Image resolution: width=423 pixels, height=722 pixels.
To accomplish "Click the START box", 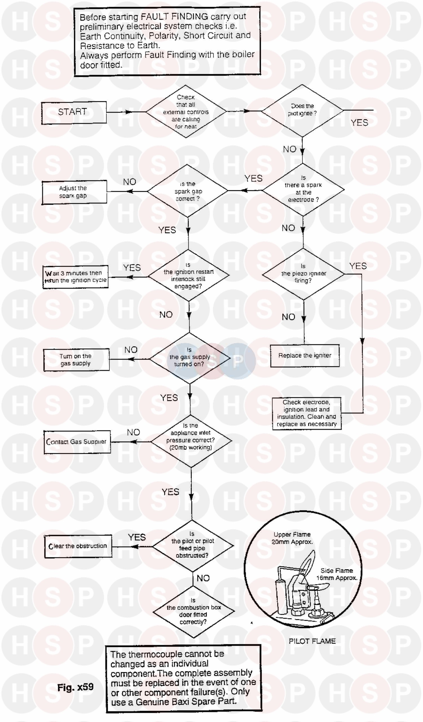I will pos(74,112).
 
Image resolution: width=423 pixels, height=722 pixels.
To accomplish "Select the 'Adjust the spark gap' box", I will pos(74,192).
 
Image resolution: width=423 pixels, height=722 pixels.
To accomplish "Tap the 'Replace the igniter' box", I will pos(305,356).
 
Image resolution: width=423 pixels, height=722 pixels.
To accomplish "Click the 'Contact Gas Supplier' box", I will pos(77,442).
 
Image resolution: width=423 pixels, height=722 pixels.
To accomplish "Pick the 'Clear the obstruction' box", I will pos(78,546).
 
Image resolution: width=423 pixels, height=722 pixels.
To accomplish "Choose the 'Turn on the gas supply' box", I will pos(76,360).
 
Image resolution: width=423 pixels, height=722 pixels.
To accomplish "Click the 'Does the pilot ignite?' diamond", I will pos(302,110).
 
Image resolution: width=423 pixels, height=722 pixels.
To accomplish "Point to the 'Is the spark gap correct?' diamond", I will pos(188,191).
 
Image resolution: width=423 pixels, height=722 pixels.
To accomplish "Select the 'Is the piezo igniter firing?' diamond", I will pos(303,274).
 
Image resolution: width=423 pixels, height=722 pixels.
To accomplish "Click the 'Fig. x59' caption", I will pos(75,687).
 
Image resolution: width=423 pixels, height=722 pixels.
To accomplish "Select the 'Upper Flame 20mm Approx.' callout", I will pos(292,538).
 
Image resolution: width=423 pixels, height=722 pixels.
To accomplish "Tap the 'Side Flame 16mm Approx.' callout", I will pos(337,574).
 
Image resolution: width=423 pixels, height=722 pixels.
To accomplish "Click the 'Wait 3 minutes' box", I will pos(75,277).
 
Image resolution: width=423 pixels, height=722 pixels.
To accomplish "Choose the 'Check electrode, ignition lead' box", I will pos(307,413).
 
